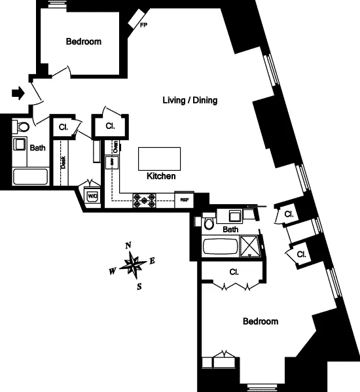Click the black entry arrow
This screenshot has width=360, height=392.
19,94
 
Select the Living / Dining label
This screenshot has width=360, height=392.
190,100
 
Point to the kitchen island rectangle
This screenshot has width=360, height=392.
160,158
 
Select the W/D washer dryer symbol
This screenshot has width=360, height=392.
92,195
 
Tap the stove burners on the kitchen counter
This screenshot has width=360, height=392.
145,200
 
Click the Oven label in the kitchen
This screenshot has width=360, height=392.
115,146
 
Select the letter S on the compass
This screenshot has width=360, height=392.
139,286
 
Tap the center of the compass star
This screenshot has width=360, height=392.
134,265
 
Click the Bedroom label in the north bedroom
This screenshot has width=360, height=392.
84,42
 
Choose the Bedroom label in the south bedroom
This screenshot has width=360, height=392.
261,321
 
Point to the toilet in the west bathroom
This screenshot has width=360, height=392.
22,127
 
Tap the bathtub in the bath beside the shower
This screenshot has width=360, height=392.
221,247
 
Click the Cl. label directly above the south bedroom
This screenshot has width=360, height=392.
233,271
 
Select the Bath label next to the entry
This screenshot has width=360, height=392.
38,148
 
